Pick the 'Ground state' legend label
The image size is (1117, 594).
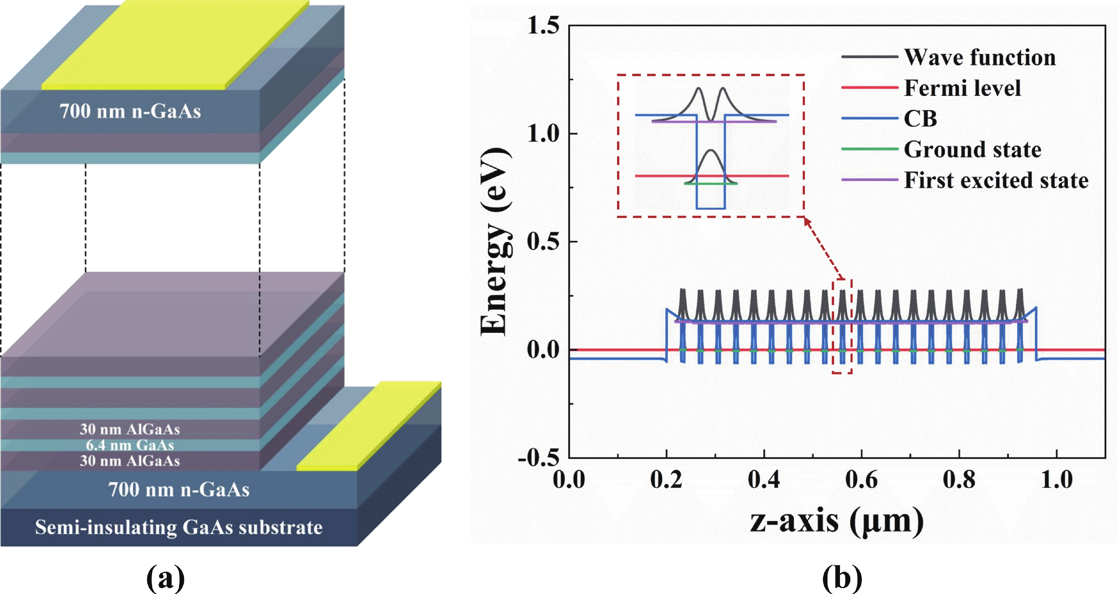tap(972, 150)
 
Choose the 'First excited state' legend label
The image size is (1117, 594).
tap(996, 180)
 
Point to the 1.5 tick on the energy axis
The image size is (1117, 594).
tap(543, 26)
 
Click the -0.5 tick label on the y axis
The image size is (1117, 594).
tap(539, 458)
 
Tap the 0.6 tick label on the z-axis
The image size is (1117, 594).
tap(861, 480)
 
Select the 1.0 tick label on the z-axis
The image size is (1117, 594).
tap(1057, 480)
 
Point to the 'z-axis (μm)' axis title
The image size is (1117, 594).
tap(837, 521)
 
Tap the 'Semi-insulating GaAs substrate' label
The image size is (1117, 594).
tap(179, 528)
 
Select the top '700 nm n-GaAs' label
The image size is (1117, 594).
tap(130, 111)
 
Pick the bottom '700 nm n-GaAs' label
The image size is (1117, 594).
tap(179, 489)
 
